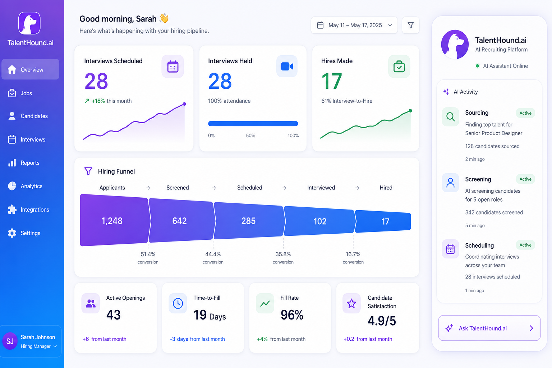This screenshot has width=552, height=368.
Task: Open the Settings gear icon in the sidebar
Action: click(12, 233)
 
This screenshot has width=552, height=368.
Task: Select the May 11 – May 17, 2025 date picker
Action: click(354, 25)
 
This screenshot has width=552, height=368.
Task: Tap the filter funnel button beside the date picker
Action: click(410, 25)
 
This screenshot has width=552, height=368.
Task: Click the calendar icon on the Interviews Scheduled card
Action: click(173, 66)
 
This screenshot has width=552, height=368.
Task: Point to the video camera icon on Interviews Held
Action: click(287, 66)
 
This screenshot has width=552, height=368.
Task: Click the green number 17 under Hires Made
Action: click(332, 81)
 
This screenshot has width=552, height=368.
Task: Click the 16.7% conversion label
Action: click(353, 254)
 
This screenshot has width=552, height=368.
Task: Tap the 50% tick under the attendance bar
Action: click(250, 135)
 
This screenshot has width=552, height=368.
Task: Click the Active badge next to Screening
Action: click(525, 179)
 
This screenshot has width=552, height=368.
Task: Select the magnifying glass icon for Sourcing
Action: click(450, 116)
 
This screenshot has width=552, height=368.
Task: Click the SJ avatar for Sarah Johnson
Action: click(10, 341)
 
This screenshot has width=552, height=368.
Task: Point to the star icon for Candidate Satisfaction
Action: click(351, 303)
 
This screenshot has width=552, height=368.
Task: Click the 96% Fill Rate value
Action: click(292, 315)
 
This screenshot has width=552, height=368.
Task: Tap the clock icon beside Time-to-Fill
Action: click(178, 303)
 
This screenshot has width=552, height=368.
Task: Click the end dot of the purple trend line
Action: click(184, 104)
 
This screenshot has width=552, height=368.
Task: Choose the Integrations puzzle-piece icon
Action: click(12, 210)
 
